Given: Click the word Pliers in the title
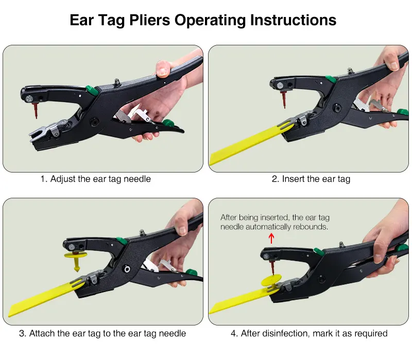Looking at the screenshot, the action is coord(149,20).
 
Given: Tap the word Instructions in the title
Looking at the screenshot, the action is coord(293,20).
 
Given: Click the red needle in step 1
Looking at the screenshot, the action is coord(35,110).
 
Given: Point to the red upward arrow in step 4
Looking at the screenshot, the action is coord(271,238).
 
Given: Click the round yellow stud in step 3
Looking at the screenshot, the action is coord(76,260).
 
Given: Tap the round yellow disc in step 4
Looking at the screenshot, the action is coord(271,280).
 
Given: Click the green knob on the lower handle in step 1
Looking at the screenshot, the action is coord(168,123).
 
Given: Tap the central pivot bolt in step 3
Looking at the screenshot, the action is coord(127,268).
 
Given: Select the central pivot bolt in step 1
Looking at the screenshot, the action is coord(94,122).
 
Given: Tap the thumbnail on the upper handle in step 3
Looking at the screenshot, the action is coord(182,230).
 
